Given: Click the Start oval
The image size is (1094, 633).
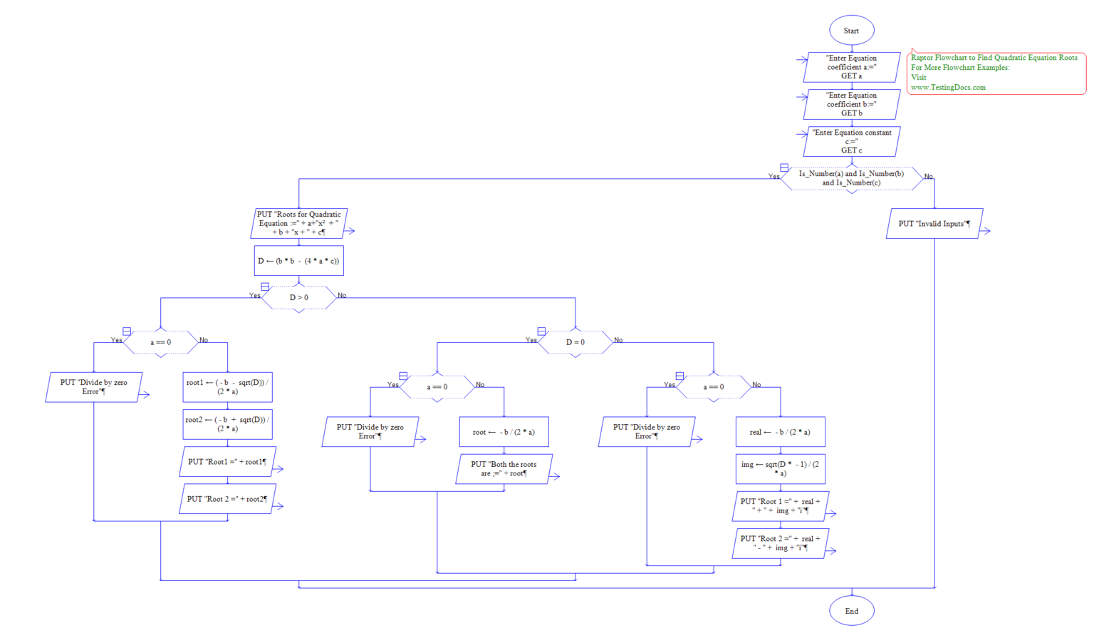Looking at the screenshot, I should click(x=851, y=31).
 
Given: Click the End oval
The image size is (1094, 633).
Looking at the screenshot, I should click(x=851, y=611).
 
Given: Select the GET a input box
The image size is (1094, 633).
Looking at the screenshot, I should click(x=851, y=67).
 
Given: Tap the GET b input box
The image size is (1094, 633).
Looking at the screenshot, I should click(x=851, y=104).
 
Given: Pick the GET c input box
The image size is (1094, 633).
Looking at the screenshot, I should click(x=851, y=141).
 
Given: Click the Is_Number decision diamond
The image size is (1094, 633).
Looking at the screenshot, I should click(x=851, y=178).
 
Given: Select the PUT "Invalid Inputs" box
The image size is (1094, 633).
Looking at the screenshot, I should click(x=934, y=224).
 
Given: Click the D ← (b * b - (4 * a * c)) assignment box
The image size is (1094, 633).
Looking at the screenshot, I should click(x=298, y=261).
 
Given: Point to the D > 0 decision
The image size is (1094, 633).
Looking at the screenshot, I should click(x=298, y=297).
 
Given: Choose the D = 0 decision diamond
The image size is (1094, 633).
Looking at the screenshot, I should click(x=575, y=342).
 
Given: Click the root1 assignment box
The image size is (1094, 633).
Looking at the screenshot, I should click(x=227, y=387).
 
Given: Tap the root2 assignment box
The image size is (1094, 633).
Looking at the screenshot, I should click(x=227, y=424).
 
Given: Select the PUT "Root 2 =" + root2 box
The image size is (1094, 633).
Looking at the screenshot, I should click(x=227, y=499).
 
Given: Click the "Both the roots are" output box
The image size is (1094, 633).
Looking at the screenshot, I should click(x=504, y=469).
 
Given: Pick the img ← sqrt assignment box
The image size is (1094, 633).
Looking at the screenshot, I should click(x=780, y=469).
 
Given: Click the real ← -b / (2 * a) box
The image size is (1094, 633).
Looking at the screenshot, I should click(x=780, y=432).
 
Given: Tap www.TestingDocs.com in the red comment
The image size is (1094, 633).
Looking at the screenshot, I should click(x=948, y=88).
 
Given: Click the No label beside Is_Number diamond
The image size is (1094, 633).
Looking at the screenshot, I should click(x=928, y=176).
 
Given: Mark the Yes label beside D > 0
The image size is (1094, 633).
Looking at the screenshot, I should click(x=254, y=295).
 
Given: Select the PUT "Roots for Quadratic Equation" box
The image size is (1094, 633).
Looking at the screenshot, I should click(x=298, y=223).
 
